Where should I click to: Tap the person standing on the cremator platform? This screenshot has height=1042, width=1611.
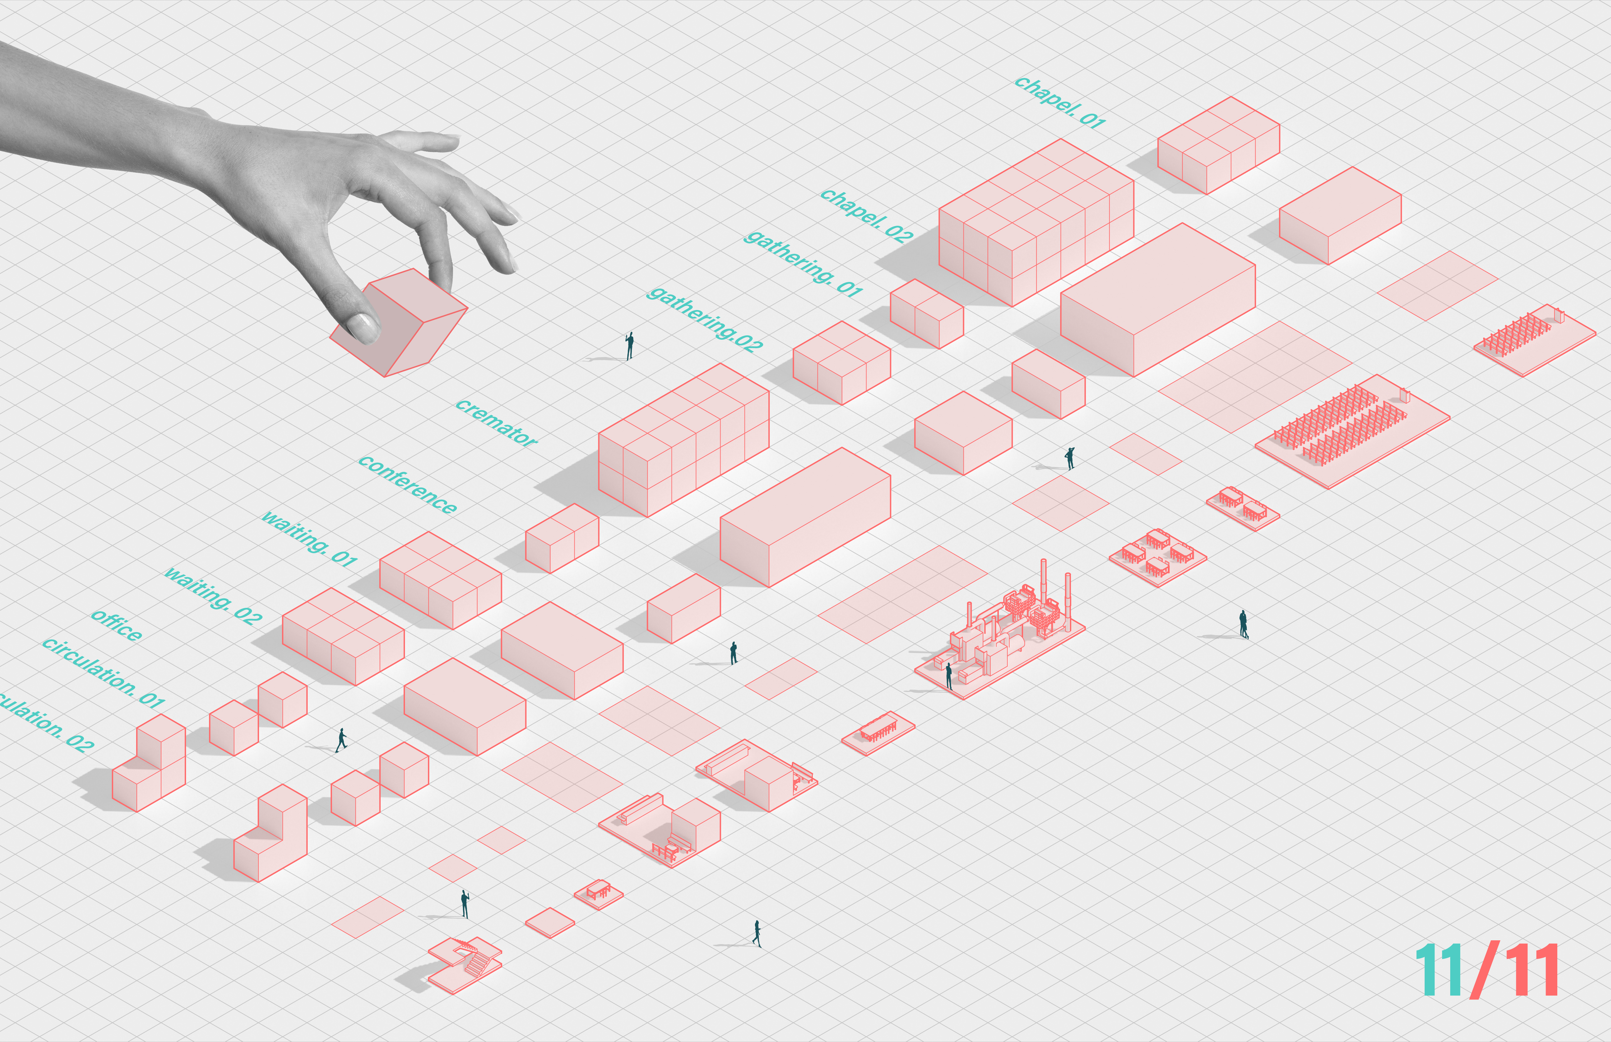pyautogui.click(x=949, y=675)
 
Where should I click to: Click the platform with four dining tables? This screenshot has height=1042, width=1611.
pyautogui.click(x=1157, y=556)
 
